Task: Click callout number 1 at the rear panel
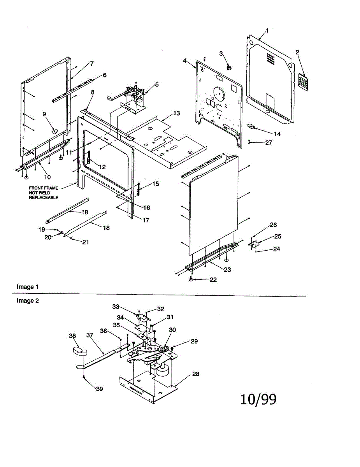click(267, 30)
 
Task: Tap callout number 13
click(177, 113)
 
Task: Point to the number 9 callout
click(44, 114)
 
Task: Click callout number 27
click(269, 143)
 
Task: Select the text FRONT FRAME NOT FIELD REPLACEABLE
click(43, 193)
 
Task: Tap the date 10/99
click(258, 399)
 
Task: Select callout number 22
click(213, 280)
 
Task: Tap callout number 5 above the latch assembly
click(156, 84)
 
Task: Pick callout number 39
click(99, 389)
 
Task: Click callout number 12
click(102, 167)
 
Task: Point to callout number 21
click(85, 242)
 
